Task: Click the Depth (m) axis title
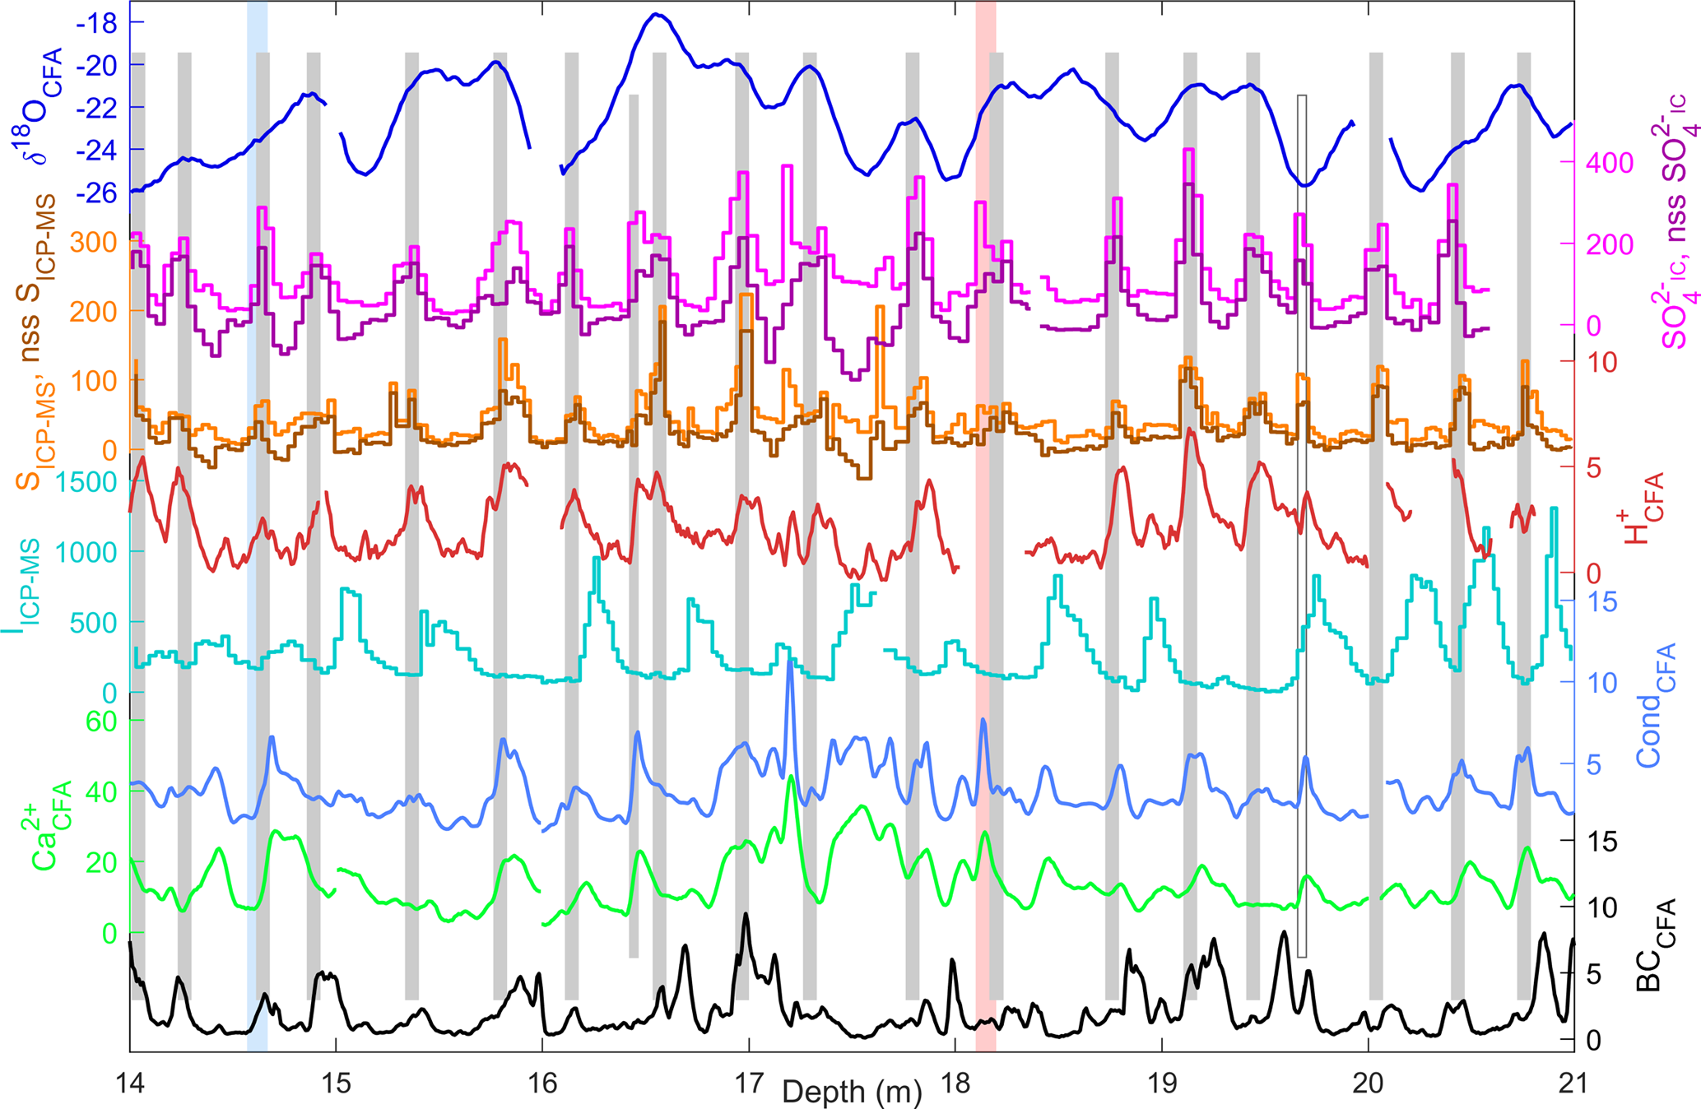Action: pyautogui.click(x=851, y=1093)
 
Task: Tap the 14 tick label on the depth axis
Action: pyautogui.click(x=130, y=1083)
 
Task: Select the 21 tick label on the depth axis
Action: pyautogui.click(x=1573, y=1083)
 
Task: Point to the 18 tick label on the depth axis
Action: pyautogui.click(x=955, y=1083)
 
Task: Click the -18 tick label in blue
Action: pyautogui.click(x=96, y=23)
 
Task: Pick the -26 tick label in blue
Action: pyautogui.click(x=96, y=193)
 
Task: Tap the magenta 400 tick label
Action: pyautogui.click(x=1609, y=163)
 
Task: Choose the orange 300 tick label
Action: pyautogui.click(x=93, y=242)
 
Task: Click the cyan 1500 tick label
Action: pyautogui.click(x=88, y=482)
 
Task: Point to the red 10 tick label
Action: pyautogui.click(x=1601, y=362)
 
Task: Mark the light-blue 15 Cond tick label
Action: pyautogui.click(x=1601, y=601)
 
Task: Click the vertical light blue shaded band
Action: pyautogui.click(x=257, y=527)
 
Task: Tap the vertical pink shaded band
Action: pyautogui.click(x=985, y=527)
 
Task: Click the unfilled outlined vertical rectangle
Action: pyautogui.click(x=1302, y=527)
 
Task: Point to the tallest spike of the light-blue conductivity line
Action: pyautogui.click(x=790, y=661)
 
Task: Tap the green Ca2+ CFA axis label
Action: pyautogui.click(x=52, y=827)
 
